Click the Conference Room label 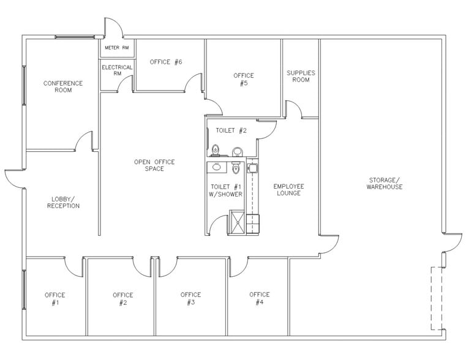pos(63,86)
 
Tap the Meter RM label pos(117,48)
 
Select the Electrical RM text pos(117,70)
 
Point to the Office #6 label pos(166,62)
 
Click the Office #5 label pos(244,80)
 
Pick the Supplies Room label pos(301,77)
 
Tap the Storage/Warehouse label pos(385,183)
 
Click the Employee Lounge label pos(288,190)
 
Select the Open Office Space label pos(154,165)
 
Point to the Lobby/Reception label pos(63,202)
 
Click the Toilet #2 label pos(231,130)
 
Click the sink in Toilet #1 pos(216,167)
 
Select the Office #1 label pos(54,299)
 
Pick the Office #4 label pos(260,298)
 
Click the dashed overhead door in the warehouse pos(437,298)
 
